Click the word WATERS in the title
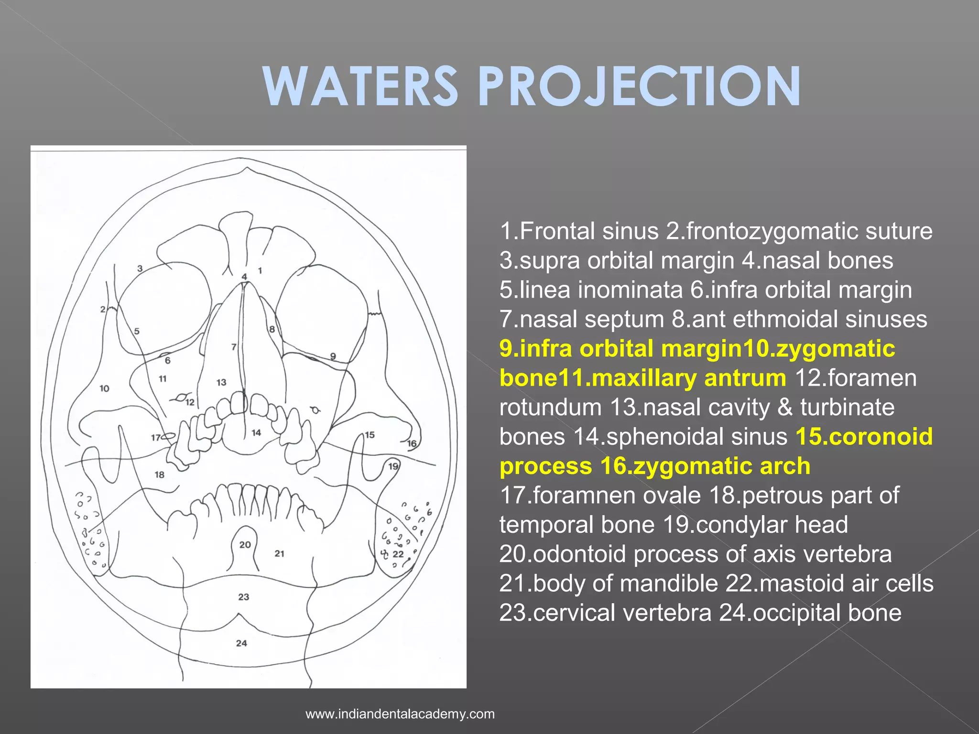point(361,86)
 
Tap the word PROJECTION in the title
point(639,86)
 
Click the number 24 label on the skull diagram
point(241,643)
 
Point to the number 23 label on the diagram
point(244,597)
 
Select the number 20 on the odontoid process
point(245,545)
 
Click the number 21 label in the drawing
point(280,553)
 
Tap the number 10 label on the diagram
point(105,389)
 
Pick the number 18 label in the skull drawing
point(160,475)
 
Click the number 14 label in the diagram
point(257,432)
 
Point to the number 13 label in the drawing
point(221,382)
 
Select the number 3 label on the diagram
point(140,269)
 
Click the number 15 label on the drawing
point(370,435)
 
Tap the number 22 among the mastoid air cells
point(398,554)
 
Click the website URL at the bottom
point(400,714)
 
